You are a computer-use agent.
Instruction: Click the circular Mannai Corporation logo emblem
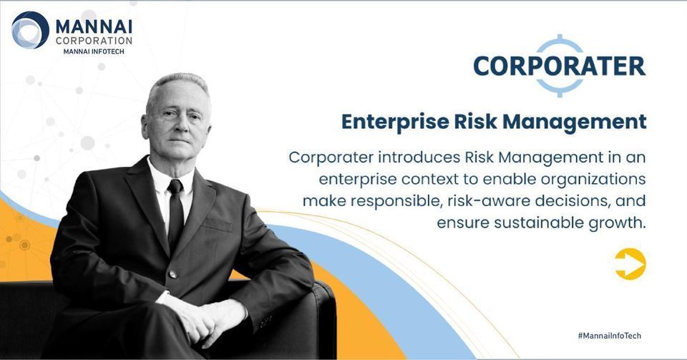30,30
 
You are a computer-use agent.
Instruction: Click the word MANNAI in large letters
94,26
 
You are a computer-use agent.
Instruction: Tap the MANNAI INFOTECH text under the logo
94,52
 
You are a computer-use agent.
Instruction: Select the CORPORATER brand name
560,66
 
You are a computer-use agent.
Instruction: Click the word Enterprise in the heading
395,122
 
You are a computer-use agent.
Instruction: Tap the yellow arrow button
630,263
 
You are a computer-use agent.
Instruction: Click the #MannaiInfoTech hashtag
610,336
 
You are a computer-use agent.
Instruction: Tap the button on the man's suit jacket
173,275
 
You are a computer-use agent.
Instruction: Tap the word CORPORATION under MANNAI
94,41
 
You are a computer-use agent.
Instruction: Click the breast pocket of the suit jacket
218,225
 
